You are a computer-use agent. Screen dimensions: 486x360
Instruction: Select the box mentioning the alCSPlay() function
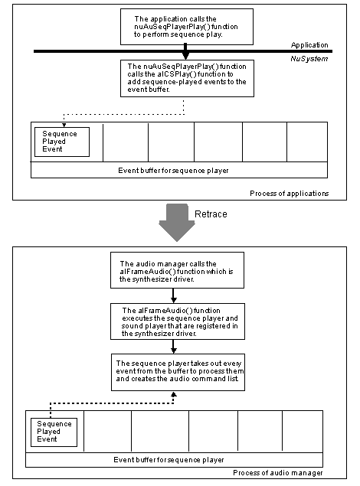tap(185, 78)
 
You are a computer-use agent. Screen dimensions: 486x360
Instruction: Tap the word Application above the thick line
tap(309, 45)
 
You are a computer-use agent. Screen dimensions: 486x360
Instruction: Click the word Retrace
tap(211, 214)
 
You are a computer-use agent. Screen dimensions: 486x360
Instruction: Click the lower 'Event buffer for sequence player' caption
tap(169, 460)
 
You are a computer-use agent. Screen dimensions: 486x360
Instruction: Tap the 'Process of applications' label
tap(290, 194)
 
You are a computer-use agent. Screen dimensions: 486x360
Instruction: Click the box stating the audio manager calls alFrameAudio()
tap(174, 270)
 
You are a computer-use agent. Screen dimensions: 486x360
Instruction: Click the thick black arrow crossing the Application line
tap(185, 52)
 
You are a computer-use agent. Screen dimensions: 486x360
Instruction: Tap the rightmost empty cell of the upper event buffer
tap(306, 142)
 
